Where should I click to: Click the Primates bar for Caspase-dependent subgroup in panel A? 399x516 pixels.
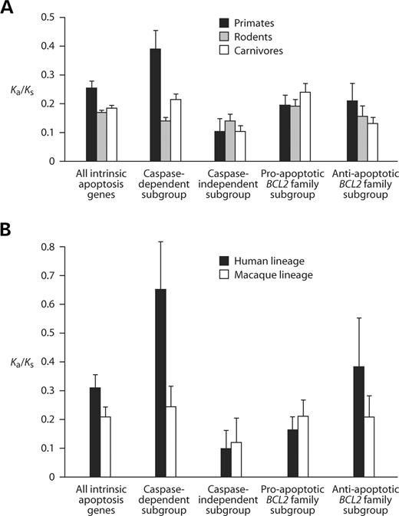(156, 105)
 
